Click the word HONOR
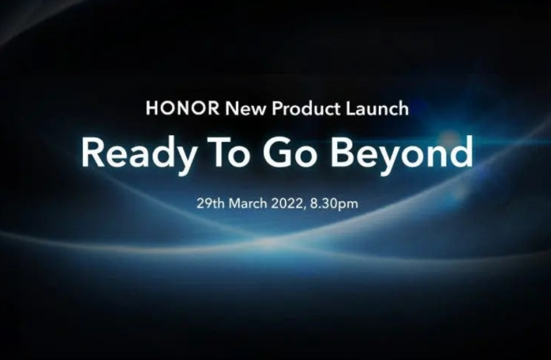[x=183, y=108]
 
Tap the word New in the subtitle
[x=245, y=108]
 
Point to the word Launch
[x=377, y=108]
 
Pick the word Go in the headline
[x=291, y=152]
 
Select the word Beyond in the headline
[x=401, y=154]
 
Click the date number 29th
[x=210, y=204]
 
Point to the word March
[x=248, y=204]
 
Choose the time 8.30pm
[x=334, y=204]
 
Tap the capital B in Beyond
[x=341, y=152]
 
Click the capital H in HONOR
[x=152, y=108]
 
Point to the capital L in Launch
[x=350, y=108]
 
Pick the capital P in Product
[x=277, y=108]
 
